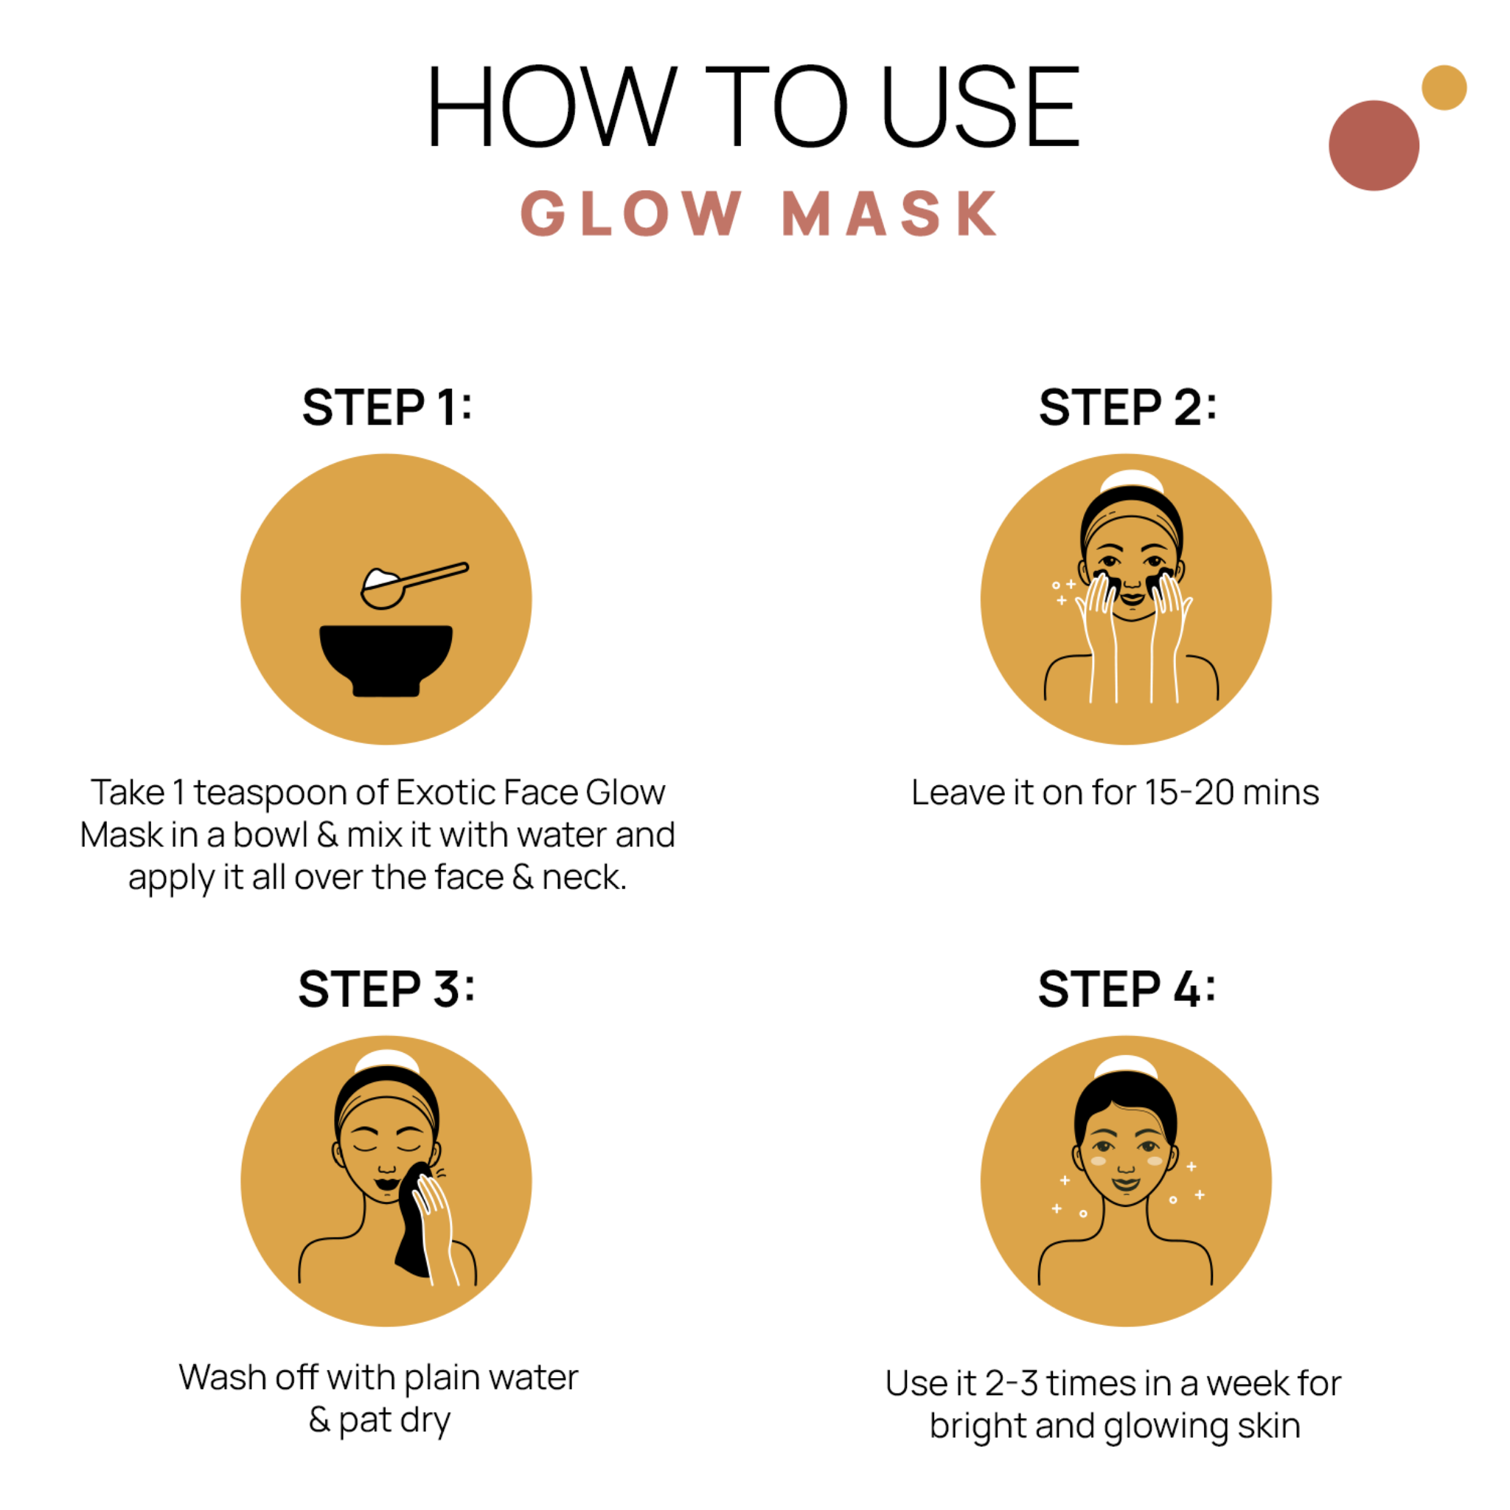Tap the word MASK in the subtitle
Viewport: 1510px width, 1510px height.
[x=889, y=213]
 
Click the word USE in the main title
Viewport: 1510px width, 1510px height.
[x=980, y=108]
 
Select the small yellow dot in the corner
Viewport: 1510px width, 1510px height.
[x=1444, y=88]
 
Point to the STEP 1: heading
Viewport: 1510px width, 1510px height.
[x=387, y=407]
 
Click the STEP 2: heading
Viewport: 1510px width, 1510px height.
[x=1127, y=407]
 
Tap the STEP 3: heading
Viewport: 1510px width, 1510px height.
[x=386, y=989]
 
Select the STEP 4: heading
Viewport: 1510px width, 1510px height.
[x=1127, y=989]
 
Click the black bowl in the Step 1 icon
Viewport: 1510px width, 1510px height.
[x=386, y=656]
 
